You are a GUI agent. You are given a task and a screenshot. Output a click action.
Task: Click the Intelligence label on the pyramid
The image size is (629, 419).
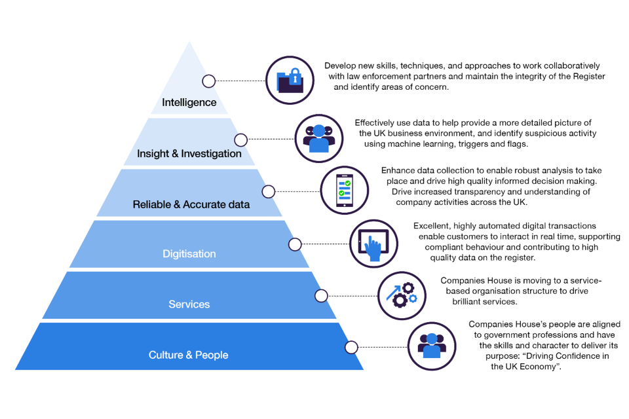tap(189, 102)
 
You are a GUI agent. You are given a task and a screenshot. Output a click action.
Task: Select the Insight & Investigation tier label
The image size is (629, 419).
tap(189, 154)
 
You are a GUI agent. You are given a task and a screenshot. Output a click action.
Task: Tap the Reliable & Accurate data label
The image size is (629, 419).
tap(191, 204)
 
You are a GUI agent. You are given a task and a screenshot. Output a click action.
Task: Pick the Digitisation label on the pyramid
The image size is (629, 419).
tap(189, 254)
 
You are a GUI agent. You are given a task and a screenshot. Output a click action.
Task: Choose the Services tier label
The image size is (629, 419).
tap(189, 304)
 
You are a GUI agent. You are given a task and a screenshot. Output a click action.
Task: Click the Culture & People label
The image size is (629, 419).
tap(189, 355)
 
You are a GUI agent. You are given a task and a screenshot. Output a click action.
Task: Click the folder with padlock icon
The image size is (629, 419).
tap(290, 81)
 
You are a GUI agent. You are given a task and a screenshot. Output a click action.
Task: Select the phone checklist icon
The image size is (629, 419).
tap(344, 190)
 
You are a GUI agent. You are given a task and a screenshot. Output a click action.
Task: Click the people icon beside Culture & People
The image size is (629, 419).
tap(431, 346)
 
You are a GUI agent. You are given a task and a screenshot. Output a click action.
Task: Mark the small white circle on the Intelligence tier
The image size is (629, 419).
tap(209, 81)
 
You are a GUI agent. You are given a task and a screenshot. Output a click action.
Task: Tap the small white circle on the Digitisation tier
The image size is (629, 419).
tap(295, 244)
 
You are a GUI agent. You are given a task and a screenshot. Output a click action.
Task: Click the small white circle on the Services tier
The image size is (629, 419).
tap(321, 295)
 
